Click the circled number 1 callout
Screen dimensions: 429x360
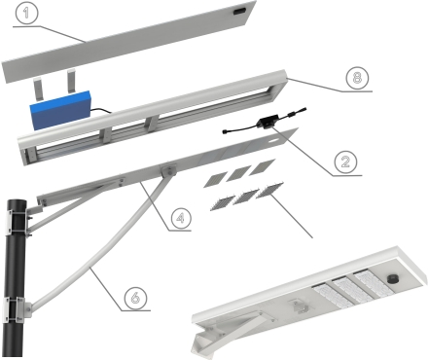coord(26,13)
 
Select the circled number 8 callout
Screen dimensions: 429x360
coord(357,78)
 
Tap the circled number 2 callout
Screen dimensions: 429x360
coord(345,162)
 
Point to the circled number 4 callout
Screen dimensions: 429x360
coord(180,218)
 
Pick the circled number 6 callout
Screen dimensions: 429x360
coord(135,298)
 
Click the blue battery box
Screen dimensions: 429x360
coord(60,110)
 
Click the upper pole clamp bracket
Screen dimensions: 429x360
coord(17,222)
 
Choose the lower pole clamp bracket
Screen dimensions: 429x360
coord(17,310)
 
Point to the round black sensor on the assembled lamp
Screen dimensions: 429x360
coord(393,280)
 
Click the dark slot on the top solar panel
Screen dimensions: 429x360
coord(240,12)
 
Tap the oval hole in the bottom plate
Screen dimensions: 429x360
coord(273,142)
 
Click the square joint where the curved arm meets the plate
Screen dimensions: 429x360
coord(168,170)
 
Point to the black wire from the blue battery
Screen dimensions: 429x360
coord(100,112)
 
